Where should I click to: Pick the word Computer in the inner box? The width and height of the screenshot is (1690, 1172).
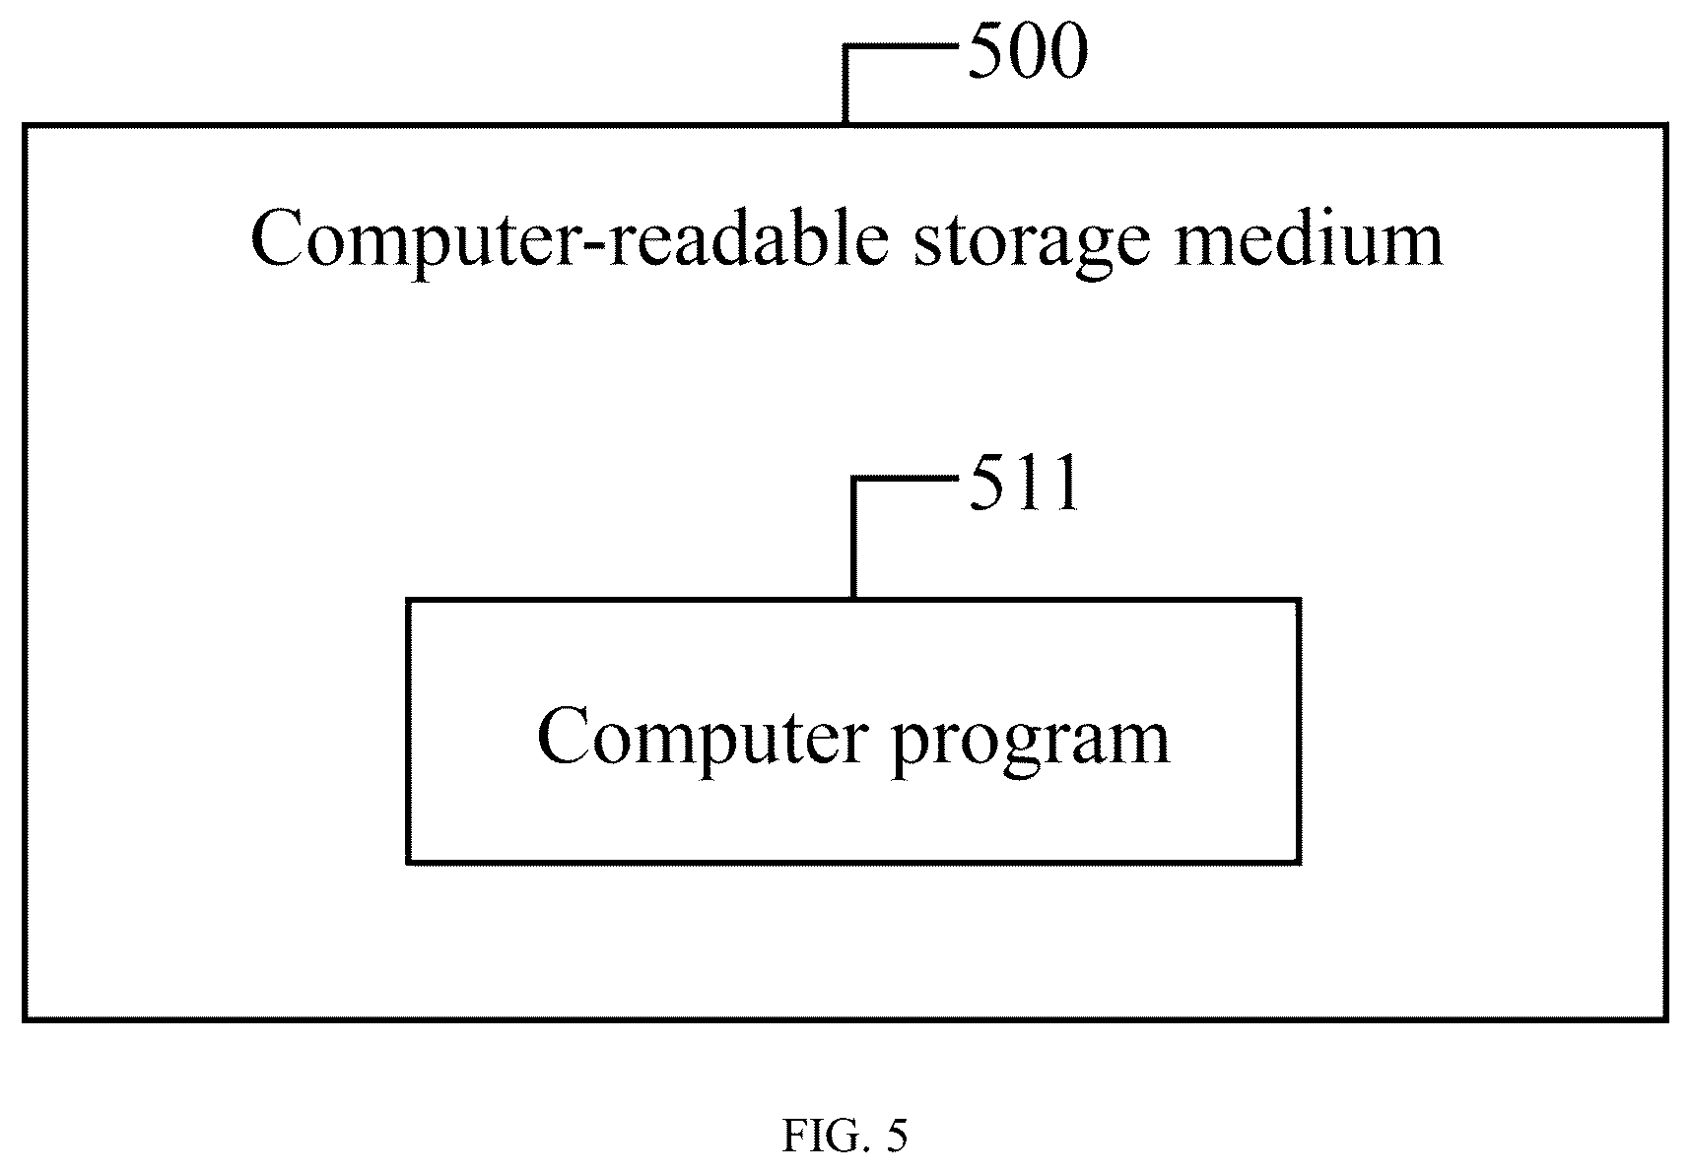(x=704, y=740)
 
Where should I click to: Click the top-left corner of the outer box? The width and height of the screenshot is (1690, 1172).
(x=25, y=126)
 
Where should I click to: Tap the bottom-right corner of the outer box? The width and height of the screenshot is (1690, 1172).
(x=1666, y=1019)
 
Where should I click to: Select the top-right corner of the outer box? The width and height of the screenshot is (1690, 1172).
(x=1666, y=126)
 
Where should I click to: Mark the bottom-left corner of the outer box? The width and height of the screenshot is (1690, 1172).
(x=25, y=1019)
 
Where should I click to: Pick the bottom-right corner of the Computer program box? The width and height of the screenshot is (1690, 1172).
(x=1299, y=863)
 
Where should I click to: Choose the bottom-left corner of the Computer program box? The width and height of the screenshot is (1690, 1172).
(x=408, y=863)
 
